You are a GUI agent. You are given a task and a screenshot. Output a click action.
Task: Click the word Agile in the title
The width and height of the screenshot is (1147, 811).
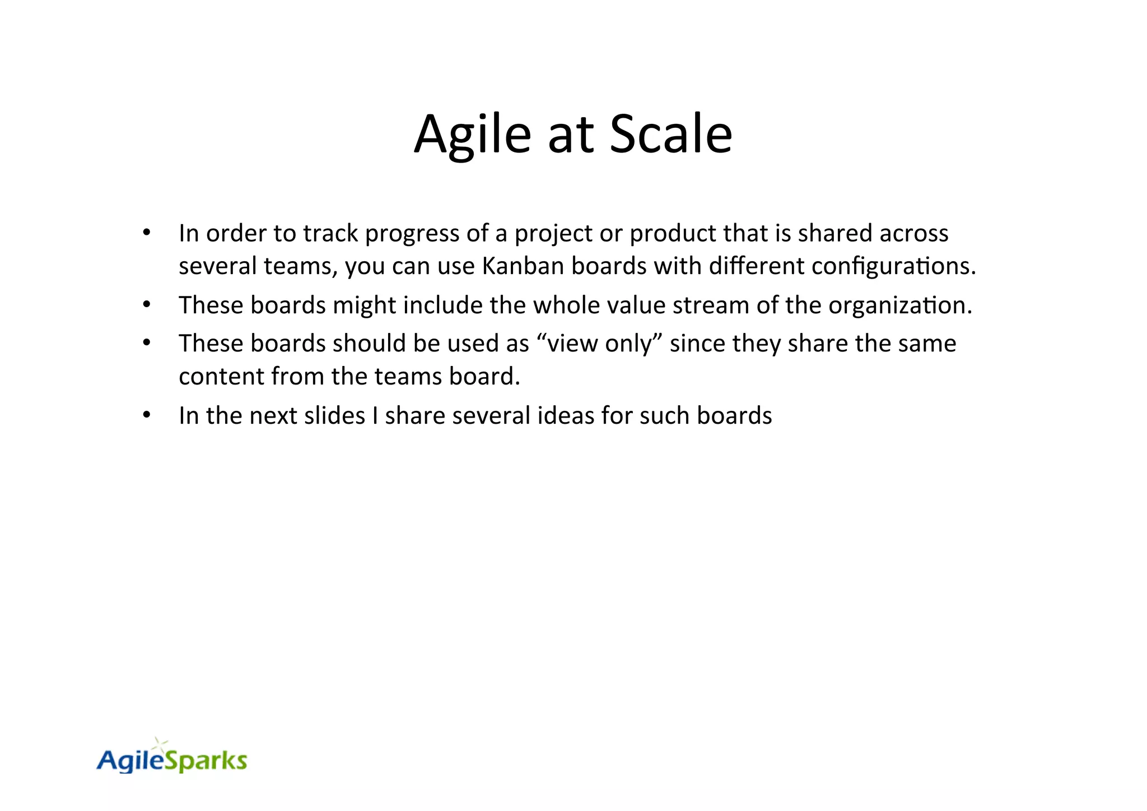[472, 135]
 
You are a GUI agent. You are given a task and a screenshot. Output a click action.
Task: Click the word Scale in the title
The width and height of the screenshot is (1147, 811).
[670, 135]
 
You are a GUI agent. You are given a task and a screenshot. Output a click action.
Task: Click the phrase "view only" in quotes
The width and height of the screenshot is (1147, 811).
[599, 343]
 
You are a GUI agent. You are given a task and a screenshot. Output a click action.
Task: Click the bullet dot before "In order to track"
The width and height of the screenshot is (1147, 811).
[147, 232]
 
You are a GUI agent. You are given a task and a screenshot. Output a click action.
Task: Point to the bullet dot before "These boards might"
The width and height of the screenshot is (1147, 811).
[147, 304]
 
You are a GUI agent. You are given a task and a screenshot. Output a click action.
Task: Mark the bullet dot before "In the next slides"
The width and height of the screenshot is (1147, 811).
[147, 415]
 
